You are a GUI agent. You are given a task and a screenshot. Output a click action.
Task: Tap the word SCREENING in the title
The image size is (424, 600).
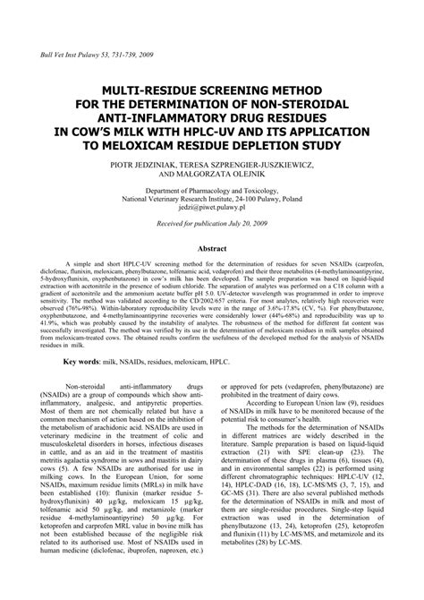coord(216,92)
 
